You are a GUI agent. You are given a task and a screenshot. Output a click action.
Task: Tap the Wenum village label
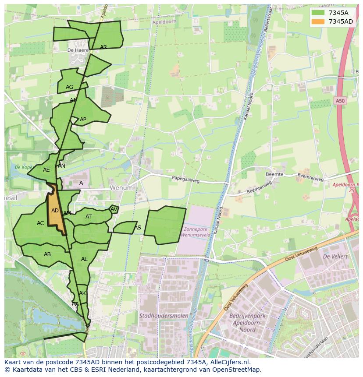[x=121, y=188]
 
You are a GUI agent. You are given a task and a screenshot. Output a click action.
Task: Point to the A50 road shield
[x=340, y=101]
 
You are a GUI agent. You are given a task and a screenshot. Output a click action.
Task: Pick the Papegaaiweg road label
[x=185, y=179]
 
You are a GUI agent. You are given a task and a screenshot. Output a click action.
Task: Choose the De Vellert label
[x=335, y=256]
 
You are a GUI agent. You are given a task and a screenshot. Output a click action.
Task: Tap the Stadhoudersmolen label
[x=164, y=315]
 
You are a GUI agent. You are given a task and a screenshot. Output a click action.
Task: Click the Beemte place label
[x=274, y=174]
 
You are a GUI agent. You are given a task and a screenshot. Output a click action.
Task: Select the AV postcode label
[x=114, y=209]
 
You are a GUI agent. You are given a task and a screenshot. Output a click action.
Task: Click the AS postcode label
[x=138, y=228]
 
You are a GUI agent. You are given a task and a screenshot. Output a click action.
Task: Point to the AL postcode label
[x=84, y=259]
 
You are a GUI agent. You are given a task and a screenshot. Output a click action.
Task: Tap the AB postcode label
[x=47, y=254]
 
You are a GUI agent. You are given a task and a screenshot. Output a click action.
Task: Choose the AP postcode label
[x=83, y=120]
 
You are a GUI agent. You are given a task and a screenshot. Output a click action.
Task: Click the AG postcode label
[x=69, y=87]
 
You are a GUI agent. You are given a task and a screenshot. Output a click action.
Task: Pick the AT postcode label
[x=89, y=217]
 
